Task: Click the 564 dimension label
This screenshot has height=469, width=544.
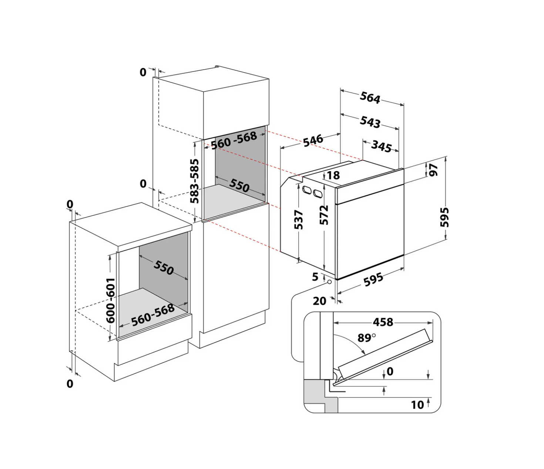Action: (x=370, y=98)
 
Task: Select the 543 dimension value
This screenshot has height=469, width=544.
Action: (x=370, y=122)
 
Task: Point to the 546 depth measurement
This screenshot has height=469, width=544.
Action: (x=313, y=141)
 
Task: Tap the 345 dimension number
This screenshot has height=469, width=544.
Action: (x=381, y=147)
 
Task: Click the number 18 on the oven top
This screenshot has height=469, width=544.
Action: (x=333, y=175)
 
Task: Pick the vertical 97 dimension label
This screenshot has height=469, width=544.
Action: (x=433, y=170)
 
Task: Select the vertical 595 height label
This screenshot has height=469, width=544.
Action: (x=444, y=217)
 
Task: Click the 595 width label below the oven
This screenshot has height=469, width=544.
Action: (x=373, y=280)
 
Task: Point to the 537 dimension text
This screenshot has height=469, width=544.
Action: (x=299, y=220)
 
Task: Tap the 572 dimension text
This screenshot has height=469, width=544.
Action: (x=324, y=215)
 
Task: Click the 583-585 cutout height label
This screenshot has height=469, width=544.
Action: (x=195, y=181)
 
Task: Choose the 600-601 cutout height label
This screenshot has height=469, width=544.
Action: (x=111, y=300)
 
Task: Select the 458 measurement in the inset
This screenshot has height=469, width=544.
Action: (x=383, y=322)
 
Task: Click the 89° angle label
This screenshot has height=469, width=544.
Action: (x=366, y=337)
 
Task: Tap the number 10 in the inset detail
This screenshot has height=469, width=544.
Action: (x=417, y=405)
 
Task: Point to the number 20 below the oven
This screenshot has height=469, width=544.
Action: (x=319, y=301)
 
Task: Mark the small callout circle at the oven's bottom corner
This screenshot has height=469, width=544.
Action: (x=329, y=282)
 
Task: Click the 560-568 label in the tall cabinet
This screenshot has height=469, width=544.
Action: (x=234, y=140)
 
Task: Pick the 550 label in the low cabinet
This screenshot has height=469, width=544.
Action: (x=164, y=267)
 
